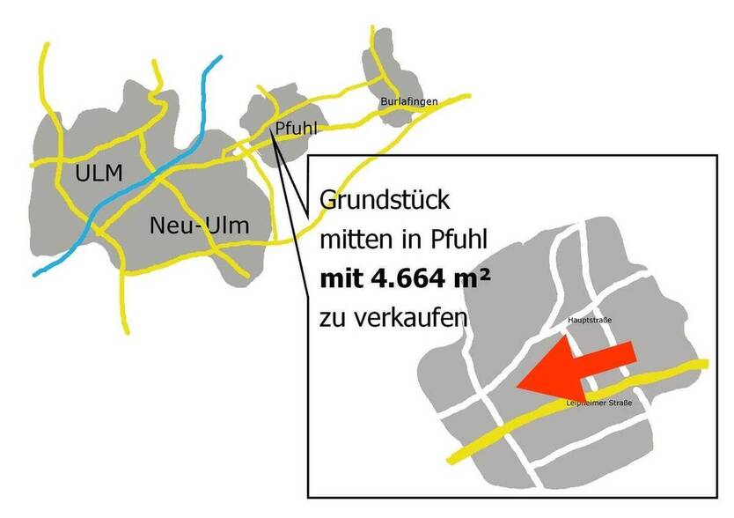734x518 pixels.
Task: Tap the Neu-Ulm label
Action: (199, 226)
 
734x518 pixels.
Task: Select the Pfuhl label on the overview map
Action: (296, 129)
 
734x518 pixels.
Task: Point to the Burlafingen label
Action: (409, 102)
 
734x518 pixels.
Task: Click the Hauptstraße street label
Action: (590, 320)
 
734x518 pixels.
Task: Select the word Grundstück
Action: (385, 201)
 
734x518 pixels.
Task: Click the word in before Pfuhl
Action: (405, 240)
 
